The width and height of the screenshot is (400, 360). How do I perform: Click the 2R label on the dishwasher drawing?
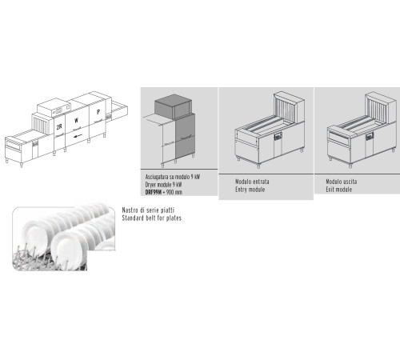point(59,127)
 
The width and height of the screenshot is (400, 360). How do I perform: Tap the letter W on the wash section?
point(76,121)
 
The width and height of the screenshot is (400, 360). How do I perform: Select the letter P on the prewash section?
point(98,112)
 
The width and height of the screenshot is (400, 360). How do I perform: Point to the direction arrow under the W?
point(78,136)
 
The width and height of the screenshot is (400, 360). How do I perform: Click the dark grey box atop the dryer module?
point(173,106)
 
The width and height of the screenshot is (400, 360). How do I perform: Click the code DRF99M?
point(154,192)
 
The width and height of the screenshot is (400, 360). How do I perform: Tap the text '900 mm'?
point(174,192)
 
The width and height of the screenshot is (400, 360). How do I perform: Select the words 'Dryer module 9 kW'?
point(163,185)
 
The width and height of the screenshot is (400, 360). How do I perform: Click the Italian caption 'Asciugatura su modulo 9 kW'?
point(173,177)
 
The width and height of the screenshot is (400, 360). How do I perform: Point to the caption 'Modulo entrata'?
point(252,182)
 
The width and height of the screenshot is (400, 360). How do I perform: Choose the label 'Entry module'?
point(250,190)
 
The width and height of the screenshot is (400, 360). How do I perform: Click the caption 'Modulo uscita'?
point(342,182)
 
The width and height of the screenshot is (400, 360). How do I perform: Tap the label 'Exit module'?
point(338,190)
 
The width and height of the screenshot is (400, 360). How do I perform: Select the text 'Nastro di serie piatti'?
point(148,210)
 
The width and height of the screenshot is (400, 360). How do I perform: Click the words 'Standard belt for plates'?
point(151,218)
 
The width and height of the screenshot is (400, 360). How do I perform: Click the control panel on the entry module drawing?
point(278,137)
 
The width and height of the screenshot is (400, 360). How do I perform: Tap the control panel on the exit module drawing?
point(370,137)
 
